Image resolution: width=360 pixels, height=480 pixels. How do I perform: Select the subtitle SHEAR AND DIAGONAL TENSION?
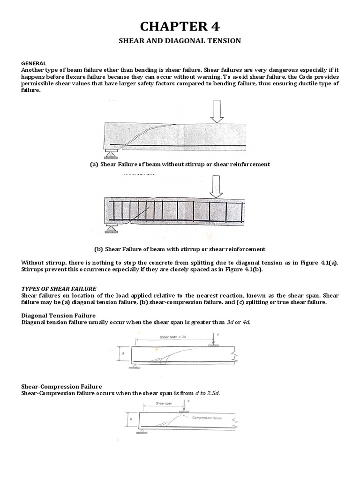(x=180, y=41)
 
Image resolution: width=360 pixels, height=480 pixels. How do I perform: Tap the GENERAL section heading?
(x=33, y=63)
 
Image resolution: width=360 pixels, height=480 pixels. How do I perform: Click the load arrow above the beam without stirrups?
(x=217, y=111)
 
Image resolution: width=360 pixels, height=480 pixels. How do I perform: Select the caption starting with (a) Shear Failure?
(x=180, y=164)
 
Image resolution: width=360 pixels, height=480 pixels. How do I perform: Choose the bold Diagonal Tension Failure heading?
(x=59, y=315)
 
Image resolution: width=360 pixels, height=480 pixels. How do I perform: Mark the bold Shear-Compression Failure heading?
(x=61, y=386)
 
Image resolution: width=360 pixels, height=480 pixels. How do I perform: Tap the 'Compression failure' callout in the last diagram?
(x=207, y=417)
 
